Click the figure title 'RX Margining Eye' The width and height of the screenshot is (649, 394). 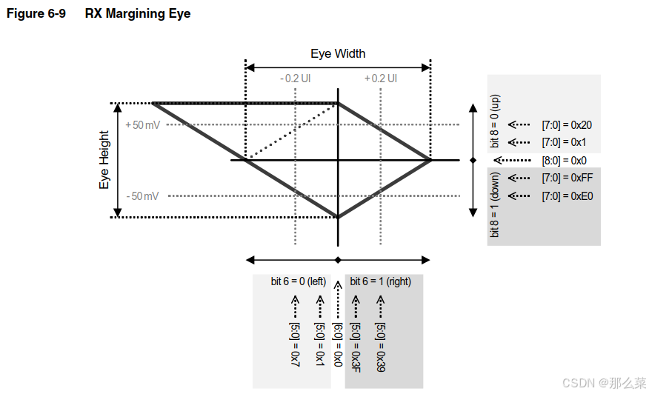click(138, 13)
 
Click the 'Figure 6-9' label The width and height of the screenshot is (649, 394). click(35, 13)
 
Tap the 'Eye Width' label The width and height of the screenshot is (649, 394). click(338, 53)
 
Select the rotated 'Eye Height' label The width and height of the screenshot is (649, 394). click(104, 160)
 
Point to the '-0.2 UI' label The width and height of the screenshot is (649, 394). click(296, 79)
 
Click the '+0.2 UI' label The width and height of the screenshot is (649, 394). click(381, 79)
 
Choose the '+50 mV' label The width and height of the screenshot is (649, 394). click(143, 124)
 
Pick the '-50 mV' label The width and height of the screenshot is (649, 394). click(143, 196)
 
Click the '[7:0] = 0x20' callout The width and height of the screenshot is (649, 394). click(567, 125)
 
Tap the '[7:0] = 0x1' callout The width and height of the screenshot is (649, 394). click(565, 141)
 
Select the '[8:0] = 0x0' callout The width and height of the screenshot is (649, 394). click(565, 160)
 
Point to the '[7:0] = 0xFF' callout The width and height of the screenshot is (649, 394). click(567, 178)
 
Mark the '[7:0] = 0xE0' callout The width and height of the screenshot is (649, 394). click(567, 196)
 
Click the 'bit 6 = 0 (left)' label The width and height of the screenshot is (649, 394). click(299, 281)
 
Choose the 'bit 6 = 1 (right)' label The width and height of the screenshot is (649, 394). click(380, 281)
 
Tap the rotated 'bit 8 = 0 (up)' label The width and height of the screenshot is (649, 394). click(496, 121)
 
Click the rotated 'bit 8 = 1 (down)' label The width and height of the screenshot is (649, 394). click(496, 204)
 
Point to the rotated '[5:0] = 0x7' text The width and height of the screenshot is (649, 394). click(294, 344)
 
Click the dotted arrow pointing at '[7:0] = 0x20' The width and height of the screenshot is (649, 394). click(521, 125)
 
